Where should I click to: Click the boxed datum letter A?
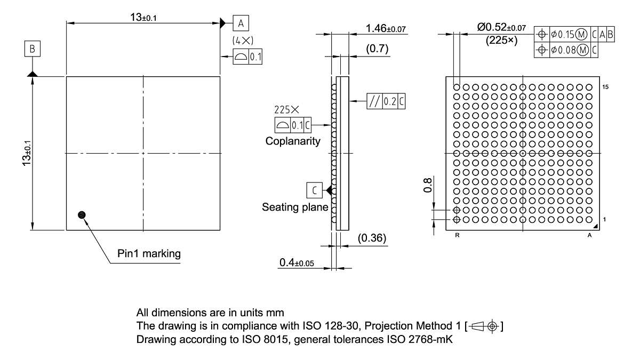[x=241, y=23]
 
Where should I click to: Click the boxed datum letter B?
[x=33, y=49]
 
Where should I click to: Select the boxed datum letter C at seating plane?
[x=315, y=190]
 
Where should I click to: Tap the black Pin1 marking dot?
[x=82, y=214]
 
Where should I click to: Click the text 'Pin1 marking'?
[x=149, y=253]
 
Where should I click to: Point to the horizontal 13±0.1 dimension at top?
[x=143, y=17]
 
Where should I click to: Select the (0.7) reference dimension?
[x=377, y=49]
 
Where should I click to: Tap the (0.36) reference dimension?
[x=372, y=238]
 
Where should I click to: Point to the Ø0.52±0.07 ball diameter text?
[x=501, y=27]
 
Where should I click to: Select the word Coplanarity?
[x=293, y=141]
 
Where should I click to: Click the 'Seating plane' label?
[x=295, y=207]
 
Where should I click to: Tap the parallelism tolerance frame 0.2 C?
[x=386, y=101]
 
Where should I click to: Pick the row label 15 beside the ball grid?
[x=605, y=86]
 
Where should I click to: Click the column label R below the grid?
[x=457, y=235]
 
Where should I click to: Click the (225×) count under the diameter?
[x=501, y=40]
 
